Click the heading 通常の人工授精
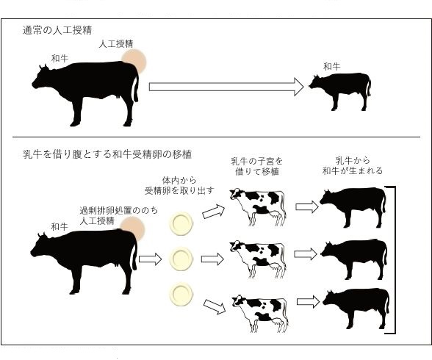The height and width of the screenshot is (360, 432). tap(57, 30)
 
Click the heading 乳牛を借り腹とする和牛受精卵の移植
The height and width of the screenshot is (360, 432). tap(107, 154)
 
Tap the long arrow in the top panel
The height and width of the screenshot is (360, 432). tap(226, 87)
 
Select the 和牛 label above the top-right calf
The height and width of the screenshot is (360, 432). tap(332, 66)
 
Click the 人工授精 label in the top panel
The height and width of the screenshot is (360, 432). tap(116, 44)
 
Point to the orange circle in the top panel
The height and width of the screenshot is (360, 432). tap(134, 62)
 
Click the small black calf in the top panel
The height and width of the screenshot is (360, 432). tap(339, 91)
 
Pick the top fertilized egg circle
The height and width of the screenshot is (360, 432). tap(181, 223)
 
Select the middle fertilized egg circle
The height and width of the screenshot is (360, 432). tap(181, 259)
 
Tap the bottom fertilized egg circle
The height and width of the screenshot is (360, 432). tap(181, 295)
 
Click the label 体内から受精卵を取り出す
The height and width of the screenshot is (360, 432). tap(179, 186)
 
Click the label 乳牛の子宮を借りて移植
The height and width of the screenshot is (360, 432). tap(257, 166)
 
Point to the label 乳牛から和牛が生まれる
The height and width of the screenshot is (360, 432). tap(353, 165)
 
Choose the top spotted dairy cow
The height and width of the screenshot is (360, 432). tap(258, 207)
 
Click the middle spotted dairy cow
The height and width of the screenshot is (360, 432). tap(258, 259)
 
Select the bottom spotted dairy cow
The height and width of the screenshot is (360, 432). tap(259, 313)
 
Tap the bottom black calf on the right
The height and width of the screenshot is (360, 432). tap(356, 309)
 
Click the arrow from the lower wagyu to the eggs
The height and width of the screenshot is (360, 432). tap(150, 259)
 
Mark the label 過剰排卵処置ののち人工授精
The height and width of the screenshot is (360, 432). tap(119, 216)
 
